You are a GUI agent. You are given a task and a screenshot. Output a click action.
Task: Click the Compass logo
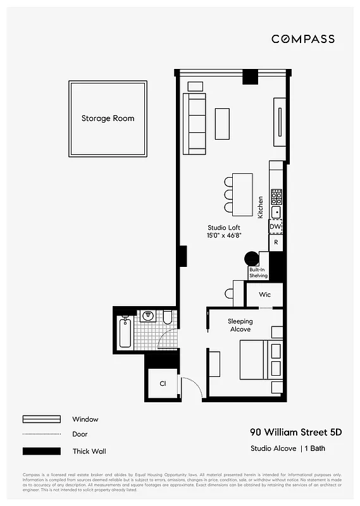pyautogui.click(x=303, y=39)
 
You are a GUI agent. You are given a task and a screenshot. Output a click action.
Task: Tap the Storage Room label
pyautogui.click(x=108, y=118)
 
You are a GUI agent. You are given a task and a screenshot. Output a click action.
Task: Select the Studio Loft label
pyautogui.click(x=224, y=228)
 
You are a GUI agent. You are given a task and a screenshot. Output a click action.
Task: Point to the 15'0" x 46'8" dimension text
pyautogui.click(x=224, y=235)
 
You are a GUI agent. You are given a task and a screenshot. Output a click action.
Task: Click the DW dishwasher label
pyautogui.click(x=275, y=226)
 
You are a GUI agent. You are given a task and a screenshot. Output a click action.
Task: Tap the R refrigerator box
pyautogui.click(x=275, y=242)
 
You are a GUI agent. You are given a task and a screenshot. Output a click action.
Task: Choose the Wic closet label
pyautogui.click(x=264, y=295)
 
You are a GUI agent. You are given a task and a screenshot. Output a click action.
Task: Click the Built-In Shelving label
pyautogui.click(x=258, y=273)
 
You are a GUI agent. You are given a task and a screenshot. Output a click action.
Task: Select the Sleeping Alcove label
pyautogui.click(x=240, y=325)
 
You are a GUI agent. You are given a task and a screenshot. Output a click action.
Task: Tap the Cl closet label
pyautogui.click(x=163, y=383)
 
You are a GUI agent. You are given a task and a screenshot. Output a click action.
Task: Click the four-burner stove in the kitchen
pyautogui.click(x=276, y=196)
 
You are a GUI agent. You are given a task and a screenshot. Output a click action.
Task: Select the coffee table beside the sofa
pyautogui.click(x=222, y=123)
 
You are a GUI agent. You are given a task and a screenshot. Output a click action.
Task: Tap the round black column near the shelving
pyautogui.click(x=252, y=259)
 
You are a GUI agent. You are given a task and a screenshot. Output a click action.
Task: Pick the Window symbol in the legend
pyautogui.click(x=42, y=419)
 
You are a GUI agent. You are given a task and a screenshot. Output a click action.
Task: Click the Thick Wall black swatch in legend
pyautogui.click(x=42, y=451)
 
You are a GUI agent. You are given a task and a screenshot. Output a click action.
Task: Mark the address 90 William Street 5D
pyautogui.click(x=295, y=433)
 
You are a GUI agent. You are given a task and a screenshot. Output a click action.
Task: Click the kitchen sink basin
pyautogui.click(x=276, y=212)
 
